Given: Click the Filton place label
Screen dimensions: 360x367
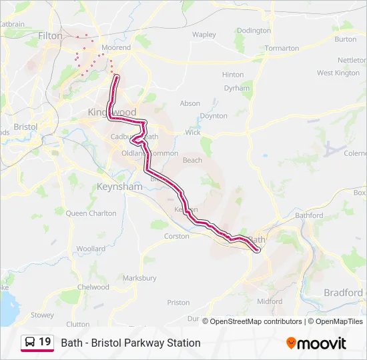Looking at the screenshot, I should (50, 36).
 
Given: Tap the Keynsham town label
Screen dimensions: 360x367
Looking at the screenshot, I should (119, 187).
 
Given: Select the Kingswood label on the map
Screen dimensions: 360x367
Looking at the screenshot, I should (111, 112).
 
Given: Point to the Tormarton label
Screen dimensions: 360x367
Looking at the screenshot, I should (282, 48).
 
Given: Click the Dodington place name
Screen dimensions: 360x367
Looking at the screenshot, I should (254, 31).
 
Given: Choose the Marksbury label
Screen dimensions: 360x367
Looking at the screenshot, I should (140, 278).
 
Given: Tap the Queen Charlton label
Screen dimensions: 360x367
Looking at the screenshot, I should (91, 213).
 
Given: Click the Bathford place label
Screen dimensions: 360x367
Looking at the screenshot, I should (308, 215).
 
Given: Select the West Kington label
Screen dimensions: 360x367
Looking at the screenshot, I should (338, 73).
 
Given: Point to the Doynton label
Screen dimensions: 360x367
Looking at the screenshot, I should (214, 116).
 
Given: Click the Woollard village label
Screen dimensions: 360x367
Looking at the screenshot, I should (91, 249).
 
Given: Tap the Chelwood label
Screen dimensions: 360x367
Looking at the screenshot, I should (93, 287).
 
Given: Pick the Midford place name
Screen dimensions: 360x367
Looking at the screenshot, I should (270, 301).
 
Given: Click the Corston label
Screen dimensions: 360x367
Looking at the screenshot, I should (177, 236).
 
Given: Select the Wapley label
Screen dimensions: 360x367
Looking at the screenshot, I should (204, 35).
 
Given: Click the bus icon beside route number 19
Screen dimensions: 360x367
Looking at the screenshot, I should (30, 343).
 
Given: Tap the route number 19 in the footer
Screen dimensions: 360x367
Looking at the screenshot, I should (45, 342).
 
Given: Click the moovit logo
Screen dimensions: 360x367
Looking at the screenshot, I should (316, 343).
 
